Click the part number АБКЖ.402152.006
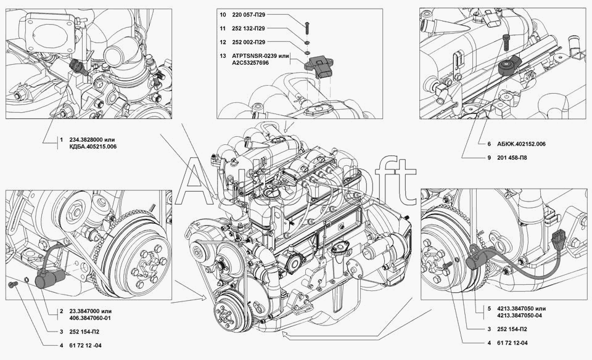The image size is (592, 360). pyautogui.click(x=522, y=144)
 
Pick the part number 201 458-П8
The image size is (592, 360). pyautogui.click(x=512, y=158)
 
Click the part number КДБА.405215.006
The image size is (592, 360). pyautogui.click(x=93, y=147)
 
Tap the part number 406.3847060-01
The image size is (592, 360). pyautogui.click(x=90, y=318)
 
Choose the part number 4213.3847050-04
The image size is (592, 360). pyautogui.click(x=519, y=316)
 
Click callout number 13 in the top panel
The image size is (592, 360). pyautogui.click(x=223, y=56)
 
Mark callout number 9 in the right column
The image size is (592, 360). pyautogui.click(x=489, y=158)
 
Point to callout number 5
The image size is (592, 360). pyautogui.click(x=489, y=309)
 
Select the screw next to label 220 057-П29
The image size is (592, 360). pyautogui.click(x=306, y=27)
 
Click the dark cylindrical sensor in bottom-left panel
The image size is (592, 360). pyautogui.click(x=49, y=280)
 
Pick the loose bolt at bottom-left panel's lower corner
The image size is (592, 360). pyautogui.click(x=12, y=285)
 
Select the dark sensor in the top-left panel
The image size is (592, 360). pyautogui.click(x=78, y=67)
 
